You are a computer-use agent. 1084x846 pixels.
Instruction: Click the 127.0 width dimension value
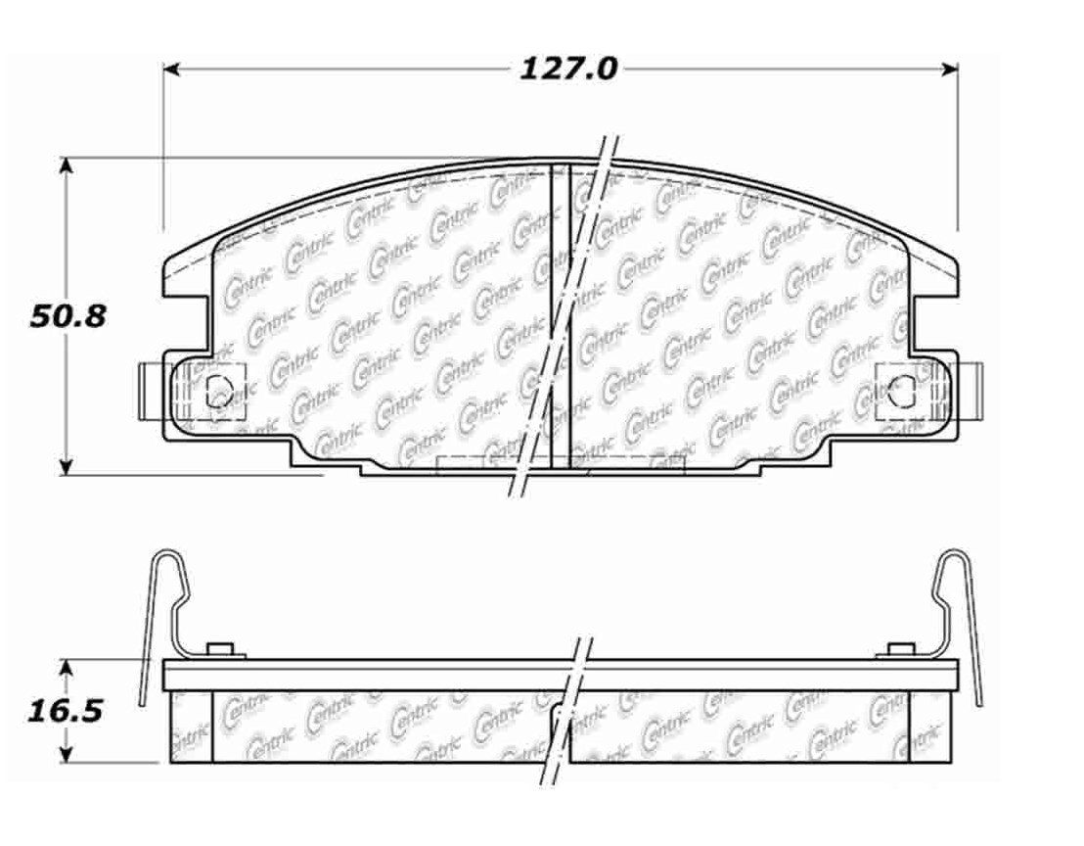(567, 70)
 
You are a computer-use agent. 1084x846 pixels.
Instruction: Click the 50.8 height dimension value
(68, 317)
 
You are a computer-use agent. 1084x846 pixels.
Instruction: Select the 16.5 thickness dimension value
(65, 711)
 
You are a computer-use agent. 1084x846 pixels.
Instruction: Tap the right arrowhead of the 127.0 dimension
(950, 69)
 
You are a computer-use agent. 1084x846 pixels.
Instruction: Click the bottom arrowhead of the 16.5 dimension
(66, 753)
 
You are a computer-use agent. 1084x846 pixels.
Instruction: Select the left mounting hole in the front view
(219, 391)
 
